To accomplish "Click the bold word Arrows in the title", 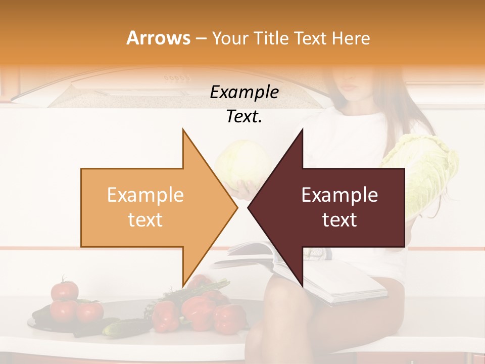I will click(158, 38).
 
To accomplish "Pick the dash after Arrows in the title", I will click(201, 39).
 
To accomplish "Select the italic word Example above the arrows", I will click(244, 93).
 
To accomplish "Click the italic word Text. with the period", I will click(244, 117).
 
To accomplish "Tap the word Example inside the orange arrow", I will click(145, 195).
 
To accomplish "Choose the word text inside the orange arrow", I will click(145, 220).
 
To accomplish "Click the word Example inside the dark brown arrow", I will click(339, 195).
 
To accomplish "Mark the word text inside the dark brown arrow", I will click(339, 220).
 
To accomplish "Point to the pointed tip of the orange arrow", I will click(236, 208).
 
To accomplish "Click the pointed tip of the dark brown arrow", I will click(249, 208).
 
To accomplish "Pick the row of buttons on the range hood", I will click(176, 78).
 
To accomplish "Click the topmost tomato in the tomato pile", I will click(65, 290).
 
